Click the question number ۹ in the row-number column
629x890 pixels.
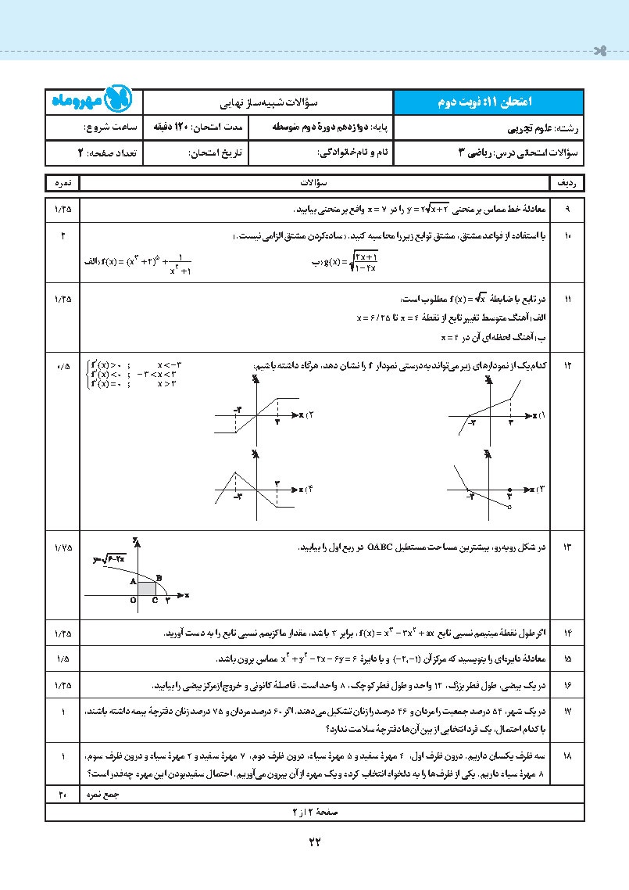(x=567, y=209)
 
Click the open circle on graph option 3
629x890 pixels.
(x=509, y=508)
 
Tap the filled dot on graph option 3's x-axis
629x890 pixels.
(x=509, y=490)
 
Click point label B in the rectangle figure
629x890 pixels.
(x=159, y=578)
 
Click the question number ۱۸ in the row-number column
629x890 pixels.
(x=567, y=757)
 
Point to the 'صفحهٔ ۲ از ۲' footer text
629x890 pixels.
(x=314, y=811)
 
